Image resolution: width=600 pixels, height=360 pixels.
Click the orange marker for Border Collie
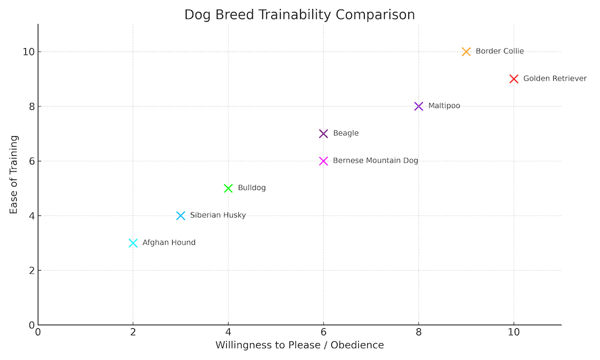coord(466,52)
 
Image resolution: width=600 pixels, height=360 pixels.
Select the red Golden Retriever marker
coord(514,79)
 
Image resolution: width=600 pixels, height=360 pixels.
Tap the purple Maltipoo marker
coord(419,106)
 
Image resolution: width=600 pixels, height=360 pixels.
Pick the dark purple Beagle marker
coord(323,133)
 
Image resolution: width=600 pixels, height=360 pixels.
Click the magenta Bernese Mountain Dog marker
coord(323,161)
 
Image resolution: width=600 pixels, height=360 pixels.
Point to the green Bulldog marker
coord(228,188)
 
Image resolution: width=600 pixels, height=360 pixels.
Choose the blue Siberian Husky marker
coord(181,215)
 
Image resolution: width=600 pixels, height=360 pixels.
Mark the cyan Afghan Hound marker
coord(133,243)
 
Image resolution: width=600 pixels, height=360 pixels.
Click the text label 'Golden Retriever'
coord(554,79)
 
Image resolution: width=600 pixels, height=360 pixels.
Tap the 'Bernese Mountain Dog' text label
coord(375,161)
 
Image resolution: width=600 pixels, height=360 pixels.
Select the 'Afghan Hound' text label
coord(169,243)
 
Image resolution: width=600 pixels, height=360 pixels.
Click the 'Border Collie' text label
coord(499,52)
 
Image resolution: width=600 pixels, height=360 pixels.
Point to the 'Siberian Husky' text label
coord(218,215)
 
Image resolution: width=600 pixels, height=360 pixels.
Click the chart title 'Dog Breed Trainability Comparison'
coord(299,14)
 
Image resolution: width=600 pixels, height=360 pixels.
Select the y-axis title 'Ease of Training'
coord(14,175)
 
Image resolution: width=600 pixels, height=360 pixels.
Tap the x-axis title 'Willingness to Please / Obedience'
coord(299,345)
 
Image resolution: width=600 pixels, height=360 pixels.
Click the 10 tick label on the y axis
coord(28,52)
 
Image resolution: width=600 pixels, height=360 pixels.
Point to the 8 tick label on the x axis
coord(419,332)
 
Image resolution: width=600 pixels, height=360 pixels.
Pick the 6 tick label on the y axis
coord(31,161)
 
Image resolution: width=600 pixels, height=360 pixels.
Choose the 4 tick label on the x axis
coord(228,332)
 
